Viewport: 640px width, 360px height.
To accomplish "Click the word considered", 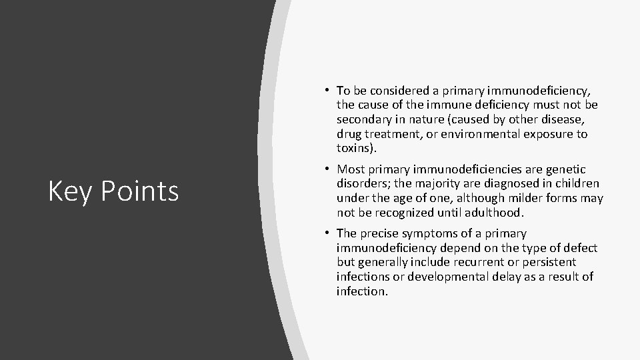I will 398,91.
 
